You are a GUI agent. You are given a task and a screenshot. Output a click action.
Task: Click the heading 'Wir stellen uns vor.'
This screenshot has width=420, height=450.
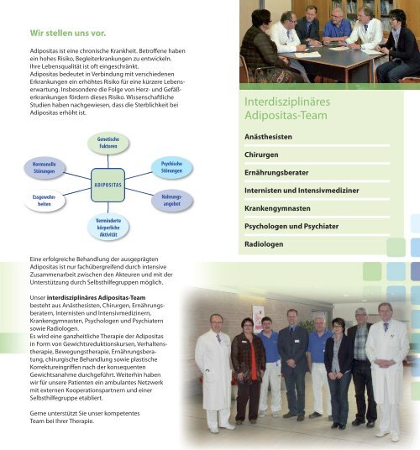[68, 34]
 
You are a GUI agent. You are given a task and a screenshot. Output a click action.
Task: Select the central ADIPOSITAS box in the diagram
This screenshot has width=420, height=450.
[108, 185]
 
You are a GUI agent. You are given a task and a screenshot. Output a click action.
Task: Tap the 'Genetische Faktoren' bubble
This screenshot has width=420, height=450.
[108, 143]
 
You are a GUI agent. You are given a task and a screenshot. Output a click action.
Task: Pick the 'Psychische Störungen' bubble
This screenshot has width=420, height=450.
[171, 167]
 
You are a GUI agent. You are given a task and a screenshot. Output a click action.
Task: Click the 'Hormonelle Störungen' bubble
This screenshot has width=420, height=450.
[45, 168]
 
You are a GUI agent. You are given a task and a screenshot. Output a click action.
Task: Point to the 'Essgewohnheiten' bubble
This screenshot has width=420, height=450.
[45, 201]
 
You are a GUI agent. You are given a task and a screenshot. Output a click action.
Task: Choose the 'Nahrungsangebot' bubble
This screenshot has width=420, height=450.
[171, 201]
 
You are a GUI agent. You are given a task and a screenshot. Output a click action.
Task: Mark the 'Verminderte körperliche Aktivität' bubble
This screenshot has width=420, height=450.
[108, 228]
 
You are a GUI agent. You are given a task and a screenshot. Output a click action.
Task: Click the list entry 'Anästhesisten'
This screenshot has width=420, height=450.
[268, 137]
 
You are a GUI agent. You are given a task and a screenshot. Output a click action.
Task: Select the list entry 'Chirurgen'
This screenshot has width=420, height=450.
[261, 155]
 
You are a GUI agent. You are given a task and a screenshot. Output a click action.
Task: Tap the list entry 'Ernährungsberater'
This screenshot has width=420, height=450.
[276, 173]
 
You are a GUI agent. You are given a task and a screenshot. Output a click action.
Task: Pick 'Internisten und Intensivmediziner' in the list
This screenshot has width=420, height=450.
[302, 191]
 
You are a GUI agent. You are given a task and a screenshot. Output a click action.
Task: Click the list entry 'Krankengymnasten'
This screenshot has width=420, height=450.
[277, 209]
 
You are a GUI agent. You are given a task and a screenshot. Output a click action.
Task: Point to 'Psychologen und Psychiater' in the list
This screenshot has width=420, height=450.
[291, 227]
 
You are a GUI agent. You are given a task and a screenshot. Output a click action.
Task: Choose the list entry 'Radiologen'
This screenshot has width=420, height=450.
[264, 244]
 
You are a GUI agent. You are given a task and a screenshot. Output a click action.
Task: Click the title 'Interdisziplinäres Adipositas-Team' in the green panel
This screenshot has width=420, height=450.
[287, 108]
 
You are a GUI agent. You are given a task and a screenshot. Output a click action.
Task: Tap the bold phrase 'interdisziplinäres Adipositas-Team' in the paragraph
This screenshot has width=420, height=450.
[96, 297]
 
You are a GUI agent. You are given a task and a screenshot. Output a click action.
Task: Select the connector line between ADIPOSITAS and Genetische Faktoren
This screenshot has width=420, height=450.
[108, 161]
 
